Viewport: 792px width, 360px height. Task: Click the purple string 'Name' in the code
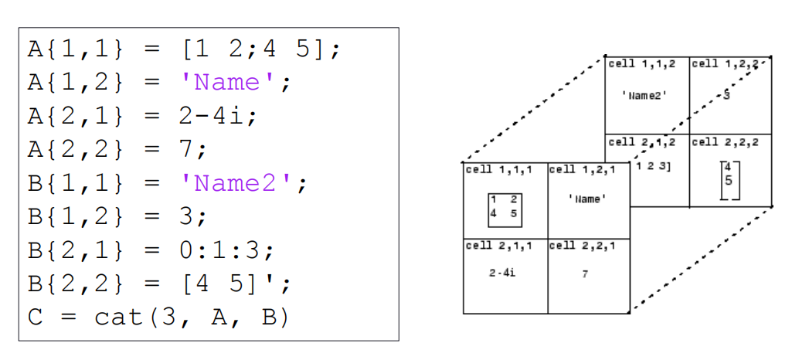coord(229,83)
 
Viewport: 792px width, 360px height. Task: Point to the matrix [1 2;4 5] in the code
coord(256,49)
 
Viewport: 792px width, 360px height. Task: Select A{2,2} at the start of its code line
coord(75,150)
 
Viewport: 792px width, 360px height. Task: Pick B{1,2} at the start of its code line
coord(75,217)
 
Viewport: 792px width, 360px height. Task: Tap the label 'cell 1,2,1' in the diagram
coord(579,169)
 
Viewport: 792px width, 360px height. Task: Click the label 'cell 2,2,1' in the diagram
coord(579,246)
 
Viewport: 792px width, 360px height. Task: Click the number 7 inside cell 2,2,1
coord(585,273)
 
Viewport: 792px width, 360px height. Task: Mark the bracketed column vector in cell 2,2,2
coord(727,181)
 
